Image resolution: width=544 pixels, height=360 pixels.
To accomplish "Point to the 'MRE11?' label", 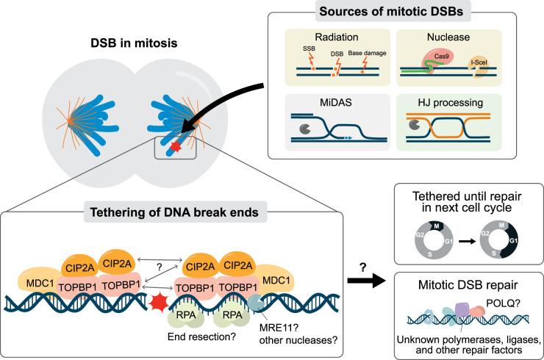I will pyautogui.click(x=268, y=328).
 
